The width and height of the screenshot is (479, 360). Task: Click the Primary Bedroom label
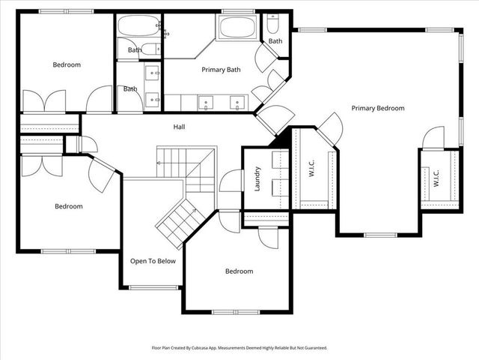[378, 108]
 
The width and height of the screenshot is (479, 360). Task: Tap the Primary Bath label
[221, 70]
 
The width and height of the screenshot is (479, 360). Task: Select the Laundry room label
[256, 178]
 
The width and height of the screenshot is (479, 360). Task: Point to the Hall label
[179, 127]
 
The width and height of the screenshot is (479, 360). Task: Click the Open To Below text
[153, 261]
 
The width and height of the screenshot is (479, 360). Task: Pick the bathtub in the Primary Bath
[237, 28]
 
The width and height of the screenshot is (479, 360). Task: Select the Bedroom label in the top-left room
[67, 64]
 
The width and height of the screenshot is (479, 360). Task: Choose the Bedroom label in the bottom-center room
[239, 271]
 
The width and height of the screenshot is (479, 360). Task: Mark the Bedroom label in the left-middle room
[69, 205]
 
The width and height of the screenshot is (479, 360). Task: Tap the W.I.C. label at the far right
[436, 178]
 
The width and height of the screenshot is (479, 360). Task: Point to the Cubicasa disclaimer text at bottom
[239, 348]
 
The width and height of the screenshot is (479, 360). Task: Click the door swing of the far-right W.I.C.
[433, 138]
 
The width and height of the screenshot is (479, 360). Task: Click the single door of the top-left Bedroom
[99, 100]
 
